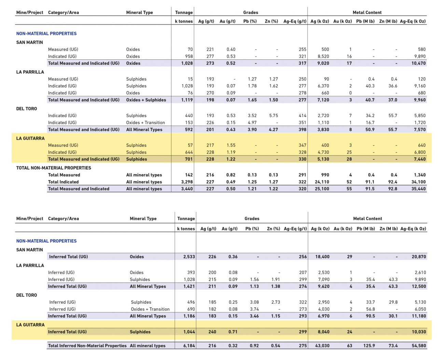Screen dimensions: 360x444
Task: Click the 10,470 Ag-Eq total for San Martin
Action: (x=418, y=63)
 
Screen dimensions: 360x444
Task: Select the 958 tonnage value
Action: (x=189, y=56)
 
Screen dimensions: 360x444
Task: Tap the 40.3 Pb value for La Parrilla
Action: (x=370, y=86)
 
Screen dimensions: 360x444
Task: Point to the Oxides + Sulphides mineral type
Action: (x=146, y=100)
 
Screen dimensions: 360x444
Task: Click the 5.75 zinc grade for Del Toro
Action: (x=273, y=116)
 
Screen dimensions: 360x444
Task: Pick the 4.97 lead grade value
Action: (x=252, y=123)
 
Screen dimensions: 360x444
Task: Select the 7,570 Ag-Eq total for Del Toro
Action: (x=420, y=130)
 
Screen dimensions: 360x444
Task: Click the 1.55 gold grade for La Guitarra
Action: (x=231, y=145)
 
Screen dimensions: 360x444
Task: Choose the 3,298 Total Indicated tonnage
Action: (x=187, y=182)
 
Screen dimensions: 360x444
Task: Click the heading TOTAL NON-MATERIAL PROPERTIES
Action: (x=54, y=168)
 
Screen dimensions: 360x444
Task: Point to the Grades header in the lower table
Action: (x=252, y=219)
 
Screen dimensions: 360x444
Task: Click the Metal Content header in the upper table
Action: (x=367, y=13)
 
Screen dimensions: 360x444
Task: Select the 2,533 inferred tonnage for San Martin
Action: (x=189, y=257)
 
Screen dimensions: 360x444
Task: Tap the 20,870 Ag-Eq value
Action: (x=419, y=257)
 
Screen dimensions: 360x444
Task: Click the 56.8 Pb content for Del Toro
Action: (x=371, y=309)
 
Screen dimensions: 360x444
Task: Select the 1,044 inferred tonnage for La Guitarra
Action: (x=189, y=332)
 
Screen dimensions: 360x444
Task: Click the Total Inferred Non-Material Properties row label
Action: (x=87, y=346)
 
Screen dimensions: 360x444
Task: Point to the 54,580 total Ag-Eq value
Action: (x=419, y=346)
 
